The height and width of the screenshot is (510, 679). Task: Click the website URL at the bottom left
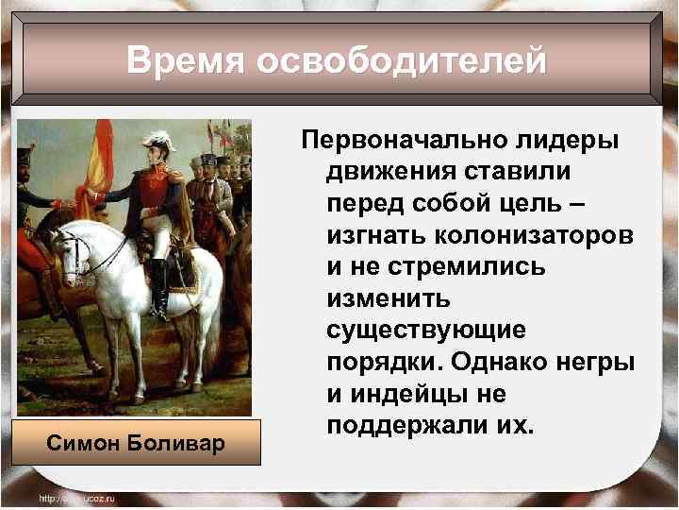click(75, 498)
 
